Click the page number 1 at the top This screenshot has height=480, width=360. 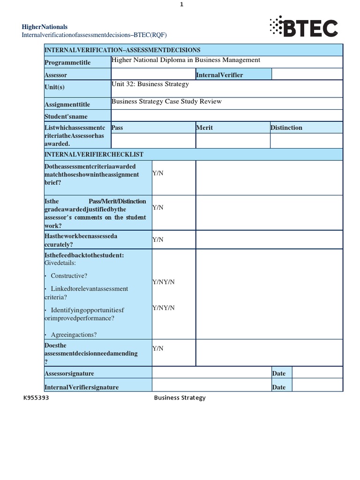click(181, 4)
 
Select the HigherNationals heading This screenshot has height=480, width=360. click(45, 27)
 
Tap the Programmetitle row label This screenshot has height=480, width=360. click(67, 63)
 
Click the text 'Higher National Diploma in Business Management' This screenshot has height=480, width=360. click(186, 60)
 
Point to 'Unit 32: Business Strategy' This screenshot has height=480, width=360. click(150, 84)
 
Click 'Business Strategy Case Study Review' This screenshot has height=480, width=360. click(166, 102)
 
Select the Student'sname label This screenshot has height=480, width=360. click(66, 116)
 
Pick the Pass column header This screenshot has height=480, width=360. click(117, 127)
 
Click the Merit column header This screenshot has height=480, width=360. click(204, 127)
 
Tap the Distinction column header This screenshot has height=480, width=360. click(286, 127)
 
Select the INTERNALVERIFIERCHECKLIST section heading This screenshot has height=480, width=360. click(94, 154)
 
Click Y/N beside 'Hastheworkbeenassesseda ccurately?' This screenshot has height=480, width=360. click(158, 240)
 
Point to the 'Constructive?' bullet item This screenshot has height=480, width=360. click(69, 276)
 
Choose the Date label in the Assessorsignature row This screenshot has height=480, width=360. click(278, 373)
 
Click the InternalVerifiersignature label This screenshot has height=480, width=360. click(82, 387)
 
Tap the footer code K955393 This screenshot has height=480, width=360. click(36, 398)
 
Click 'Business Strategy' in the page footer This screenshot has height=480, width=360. click(180, 398)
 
